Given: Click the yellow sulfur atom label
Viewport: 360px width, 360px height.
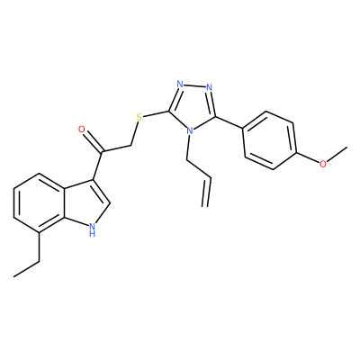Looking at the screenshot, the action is pyautogui.click(x=139, y=117).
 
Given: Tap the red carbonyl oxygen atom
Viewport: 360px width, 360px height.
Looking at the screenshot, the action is pyautogui.click(x=82, y=130).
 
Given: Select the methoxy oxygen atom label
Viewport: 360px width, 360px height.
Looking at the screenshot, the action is pyautogui.click(x=323, y=164).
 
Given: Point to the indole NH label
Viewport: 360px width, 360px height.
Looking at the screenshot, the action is pyautogui.click(x=93, y=229).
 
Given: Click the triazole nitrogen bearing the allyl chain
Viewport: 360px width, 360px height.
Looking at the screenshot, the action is pyautogui.click(x=189, y=131).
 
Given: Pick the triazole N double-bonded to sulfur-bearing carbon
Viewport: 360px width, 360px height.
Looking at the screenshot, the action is pyautogui.click(x=180, y=84).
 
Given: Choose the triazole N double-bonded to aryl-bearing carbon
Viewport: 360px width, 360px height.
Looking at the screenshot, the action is pyautogui.click(x=209, y=87).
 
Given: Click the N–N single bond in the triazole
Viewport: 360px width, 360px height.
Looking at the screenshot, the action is pyautogui.click(x=194, y=85).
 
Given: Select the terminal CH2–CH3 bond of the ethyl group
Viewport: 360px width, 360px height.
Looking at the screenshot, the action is pyautogui.click(x=26, y=269).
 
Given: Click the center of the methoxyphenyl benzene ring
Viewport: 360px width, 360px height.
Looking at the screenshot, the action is pyautogui.click(x=269, y=140).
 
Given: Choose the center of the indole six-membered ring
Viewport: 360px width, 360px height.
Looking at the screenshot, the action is pyautogui.click(x=40, y=202).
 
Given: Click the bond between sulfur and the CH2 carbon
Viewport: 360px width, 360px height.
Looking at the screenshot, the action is pyautogui.click(x=134, y=133).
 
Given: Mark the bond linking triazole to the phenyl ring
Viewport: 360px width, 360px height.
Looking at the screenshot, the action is pyautogui.click(x=229, y=122).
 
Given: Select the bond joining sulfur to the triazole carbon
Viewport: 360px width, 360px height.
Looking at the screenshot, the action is pyautogui.click(x=156, y=114).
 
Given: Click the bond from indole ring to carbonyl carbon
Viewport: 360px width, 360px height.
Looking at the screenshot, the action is pyautogui.click(x=98, y=166).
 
